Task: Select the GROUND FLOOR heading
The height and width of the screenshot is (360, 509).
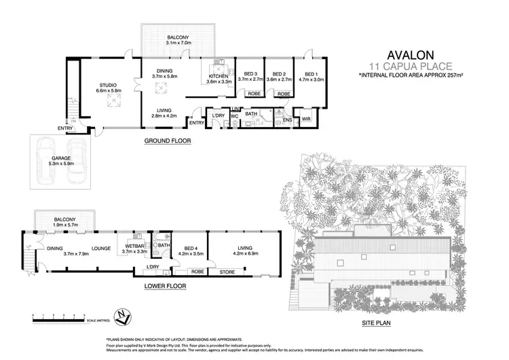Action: click(x=167, y=141)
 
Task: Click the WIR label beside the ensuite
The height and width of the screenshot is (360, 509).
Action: click(x=306, y=119)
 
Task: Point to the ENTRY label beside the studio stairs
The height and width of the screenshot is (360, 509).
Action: click(x=65, y=128)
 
